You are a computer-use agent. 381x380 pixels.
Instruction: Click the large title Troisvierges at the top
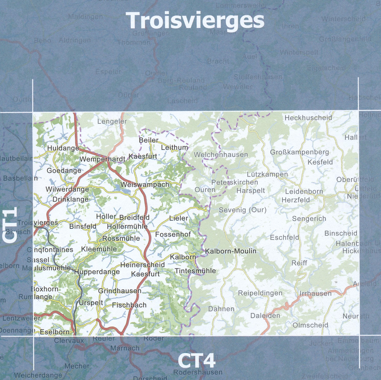coord(195,20)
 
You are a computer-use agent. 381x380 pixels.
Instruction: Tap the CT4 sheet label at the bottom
coord(197,361)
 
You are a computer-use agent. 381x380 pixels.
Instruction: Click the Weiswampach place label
coord(145,185)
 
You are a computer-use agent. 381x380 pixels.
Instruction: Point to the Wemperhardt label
coord(102,159)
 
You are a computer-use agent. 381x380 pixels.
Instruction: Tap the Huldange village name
coord(63,148)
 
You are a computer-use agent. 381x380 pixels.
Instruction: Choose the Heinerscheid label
coord(142,265)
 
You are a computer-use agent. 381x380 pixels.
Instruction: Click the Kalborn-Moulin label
coord(230,251)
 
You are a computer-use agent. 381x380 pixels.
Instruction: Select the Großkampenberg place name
coord(299,152)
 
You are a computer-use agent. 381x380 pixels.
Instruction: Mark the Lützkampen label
coord(267,174)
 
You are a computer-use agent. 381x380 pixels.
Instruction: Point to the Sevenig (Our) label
coord(243,210)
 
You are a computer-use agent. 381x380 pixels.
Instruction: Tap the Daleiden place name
coord(265,316)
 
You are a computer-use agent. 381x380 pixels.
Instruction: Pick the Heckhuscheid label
coord(308,118)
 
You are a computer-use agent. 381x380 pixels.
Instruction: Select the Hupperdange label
coord(97,272)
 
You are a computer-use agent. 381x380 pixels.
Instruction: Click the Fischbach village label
coord(129,305)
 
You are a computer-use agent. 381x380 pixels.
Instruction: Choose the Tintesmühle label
coord(195,271)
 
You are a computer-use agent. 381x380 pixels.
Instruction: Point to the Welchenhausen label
coord(221,155)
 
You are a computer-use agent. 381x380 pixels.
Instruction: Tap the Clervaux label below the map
coord(69,340)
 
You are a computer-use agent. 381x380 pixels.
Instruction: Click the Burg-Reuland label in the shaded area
coord(181,80)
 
